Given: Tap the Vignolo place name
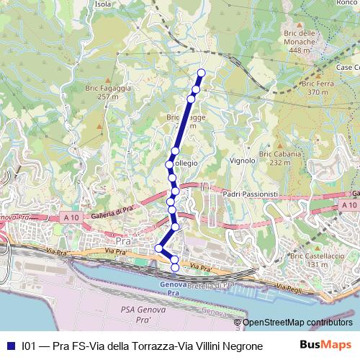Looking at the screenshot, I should (x=242, y=161).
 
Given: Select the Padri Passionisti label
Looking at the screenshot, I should (x=251, y=194).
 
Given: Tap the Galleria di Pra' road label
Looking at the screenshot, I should (x=114, y=217).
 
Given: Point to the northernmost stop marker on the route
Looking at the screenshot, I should (x=202, y=73).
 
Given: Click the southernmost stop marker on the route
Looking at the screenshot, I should (x=175, y=268).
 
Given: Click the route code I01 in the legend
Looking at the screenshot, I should (x=29, y=346).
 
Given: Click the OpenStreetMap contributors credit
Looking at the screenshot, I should (x=296, y=323).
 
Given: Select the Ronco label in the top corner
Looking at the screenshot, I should (x=347, y=4).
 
